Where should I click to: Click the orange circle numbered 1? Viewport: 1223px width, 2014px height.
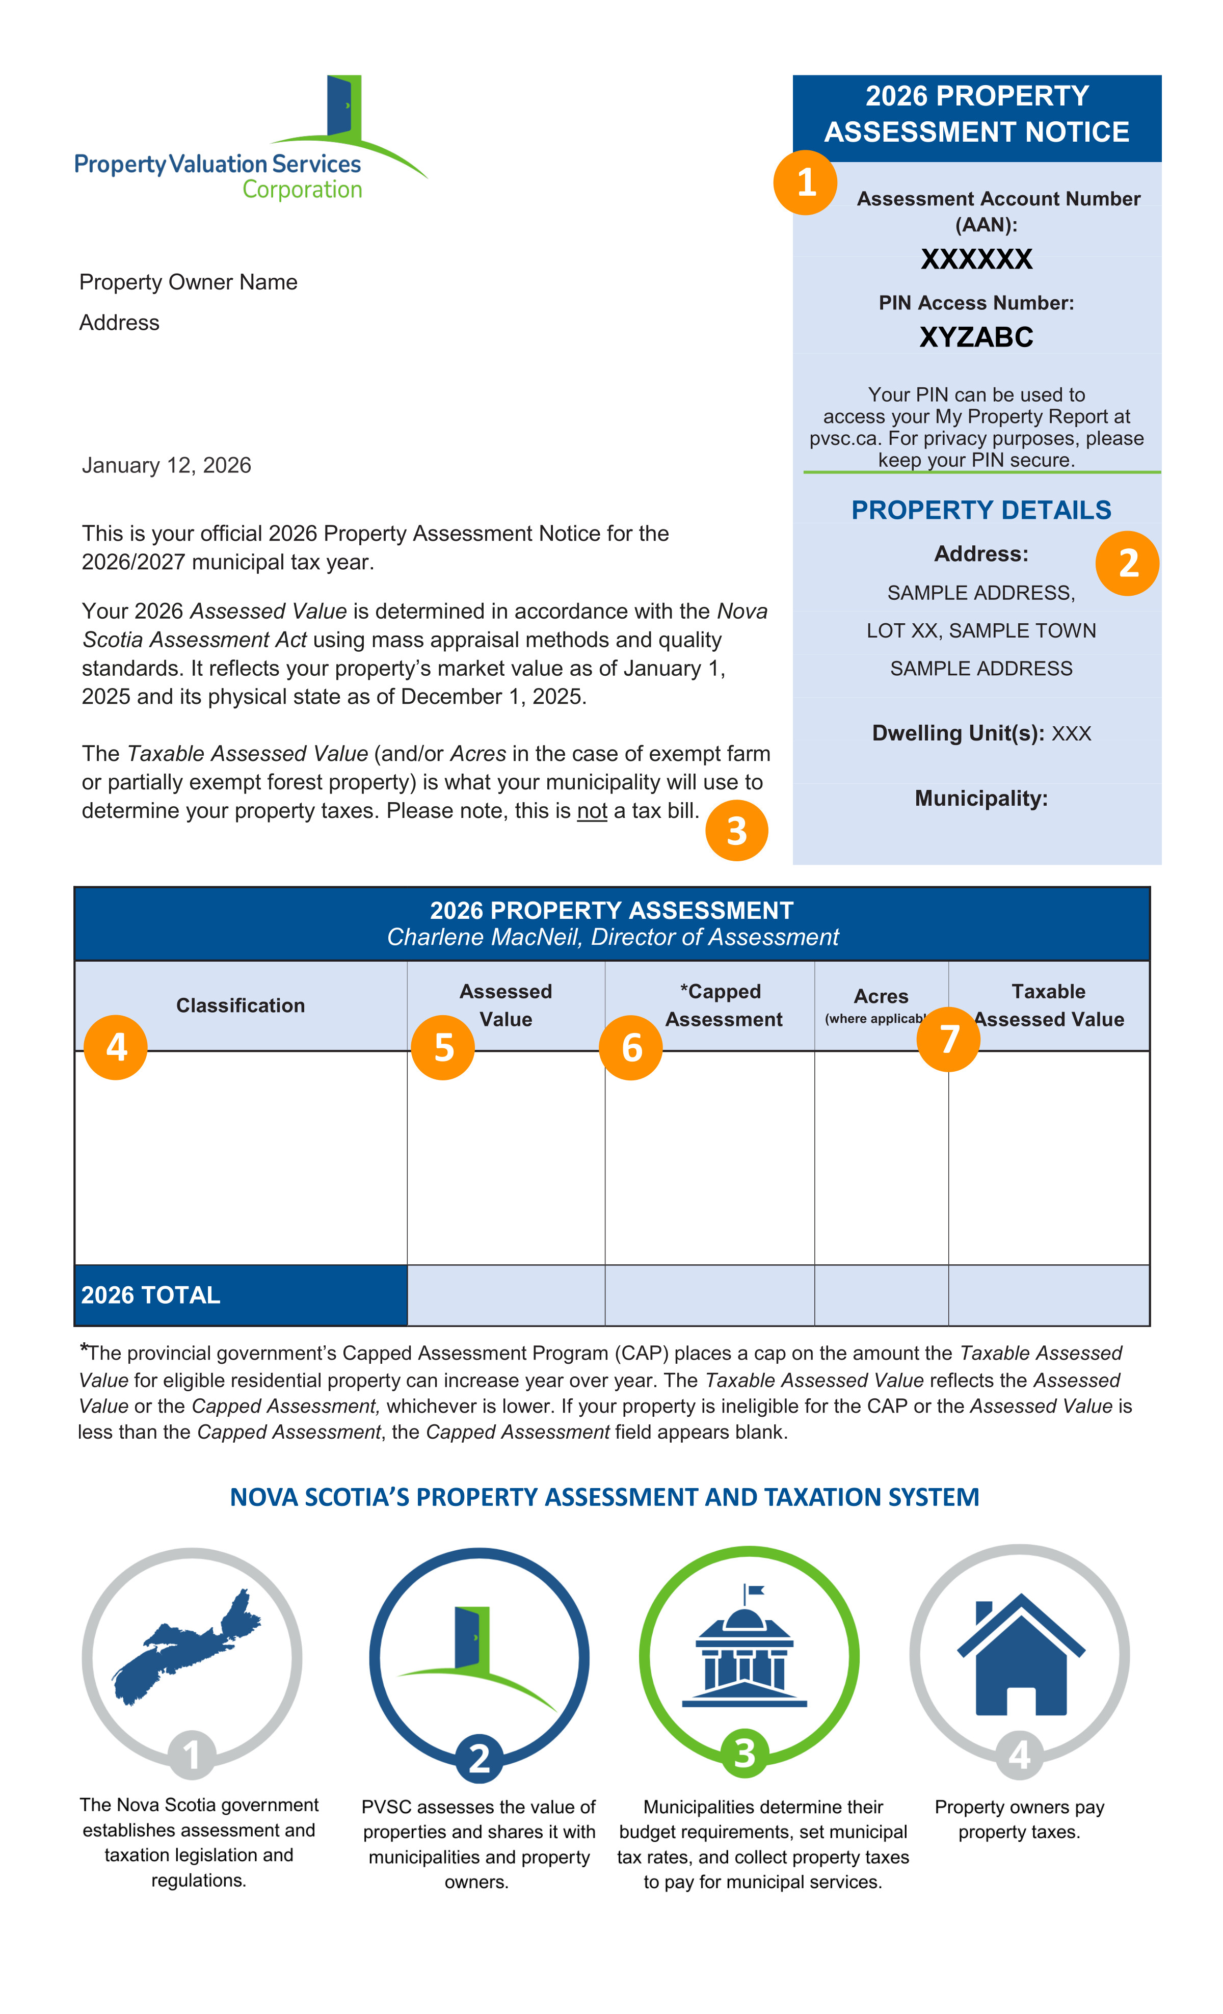pyautogui.click(x=805, y=182)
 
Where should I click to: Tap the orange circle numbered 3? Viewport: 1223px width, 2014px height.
pyautogui.click(x=736, y=831)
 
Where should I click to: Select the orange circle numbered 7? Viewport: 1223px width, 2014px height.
pyautogui.click(x=948, y=1039)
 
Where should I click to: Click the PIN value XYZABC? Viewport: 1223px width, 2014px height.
pyautogui.click(x=976, y=337)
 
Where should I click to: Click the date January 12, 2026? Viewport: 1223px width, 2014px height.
pyautogui.click(x=166, y=465)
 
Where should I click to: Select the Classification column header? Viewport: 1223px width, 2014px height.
pyautogui.click(x=241, y=1005)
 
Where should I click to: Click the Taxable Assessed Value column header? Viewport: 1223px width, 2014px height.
pyautogui.click(x=1049, y=1005)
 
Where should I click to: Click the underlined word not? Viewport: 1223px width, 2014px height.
pyautogui.click(x=592, y=811)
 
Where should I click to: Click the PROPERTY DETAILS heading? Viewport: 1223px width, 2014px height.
pyautogui.click(x=981, y=510)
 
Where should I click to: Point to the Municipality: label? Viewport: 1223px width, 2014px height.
pyautogui.click(x=981, y=799)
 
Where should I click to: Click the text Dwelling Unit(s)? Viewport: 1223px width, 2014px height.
pyautogui.click(x=958, y=733)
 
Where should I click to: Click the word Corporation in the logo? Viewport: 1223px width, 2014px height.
pyautogui.click(x=302, y=190)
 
